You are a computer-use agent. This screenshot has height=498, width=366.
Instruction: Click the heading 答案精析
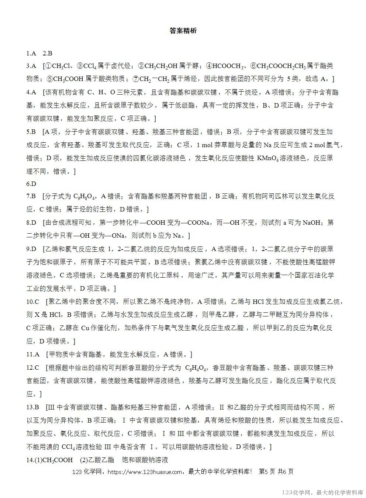[183, 31]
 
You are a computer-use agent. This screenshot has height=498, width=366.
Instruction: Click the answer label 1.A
[31, 53]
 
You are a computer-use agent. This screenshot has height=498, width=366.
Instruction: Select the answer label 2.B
[48, 53]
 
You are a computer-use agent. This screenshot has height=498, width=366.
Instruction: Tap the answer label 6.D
[31, 184]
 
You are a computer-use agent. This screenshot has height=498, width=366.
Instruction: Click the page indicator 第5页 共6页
[276, 472]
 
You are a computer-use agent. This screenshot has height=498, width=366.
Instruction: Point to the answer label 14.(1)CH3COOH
[49, 460]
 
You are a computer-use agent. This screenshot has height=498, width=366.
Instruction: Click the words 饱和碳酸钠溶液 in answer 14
[145, 460]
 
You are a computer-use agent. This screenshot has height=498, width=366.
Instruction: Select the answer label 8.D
[31, 223]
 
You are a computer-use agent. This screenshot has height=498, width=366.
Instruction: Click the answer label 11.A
[32, 355]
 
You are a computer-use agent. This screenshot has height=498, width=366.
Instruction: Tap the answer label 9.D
[31, 249]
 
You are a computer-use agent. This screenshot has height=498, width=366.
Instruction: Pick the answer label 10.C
[32, 302]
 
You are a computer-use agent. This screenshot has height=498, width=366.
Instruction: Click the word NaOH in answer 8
[312, 223]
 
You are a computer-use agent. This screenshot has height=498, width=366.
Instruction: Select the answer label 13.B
[32, 407]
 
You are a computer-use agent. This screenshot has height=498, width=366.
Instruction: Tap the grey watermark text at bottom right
[322, 492]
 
